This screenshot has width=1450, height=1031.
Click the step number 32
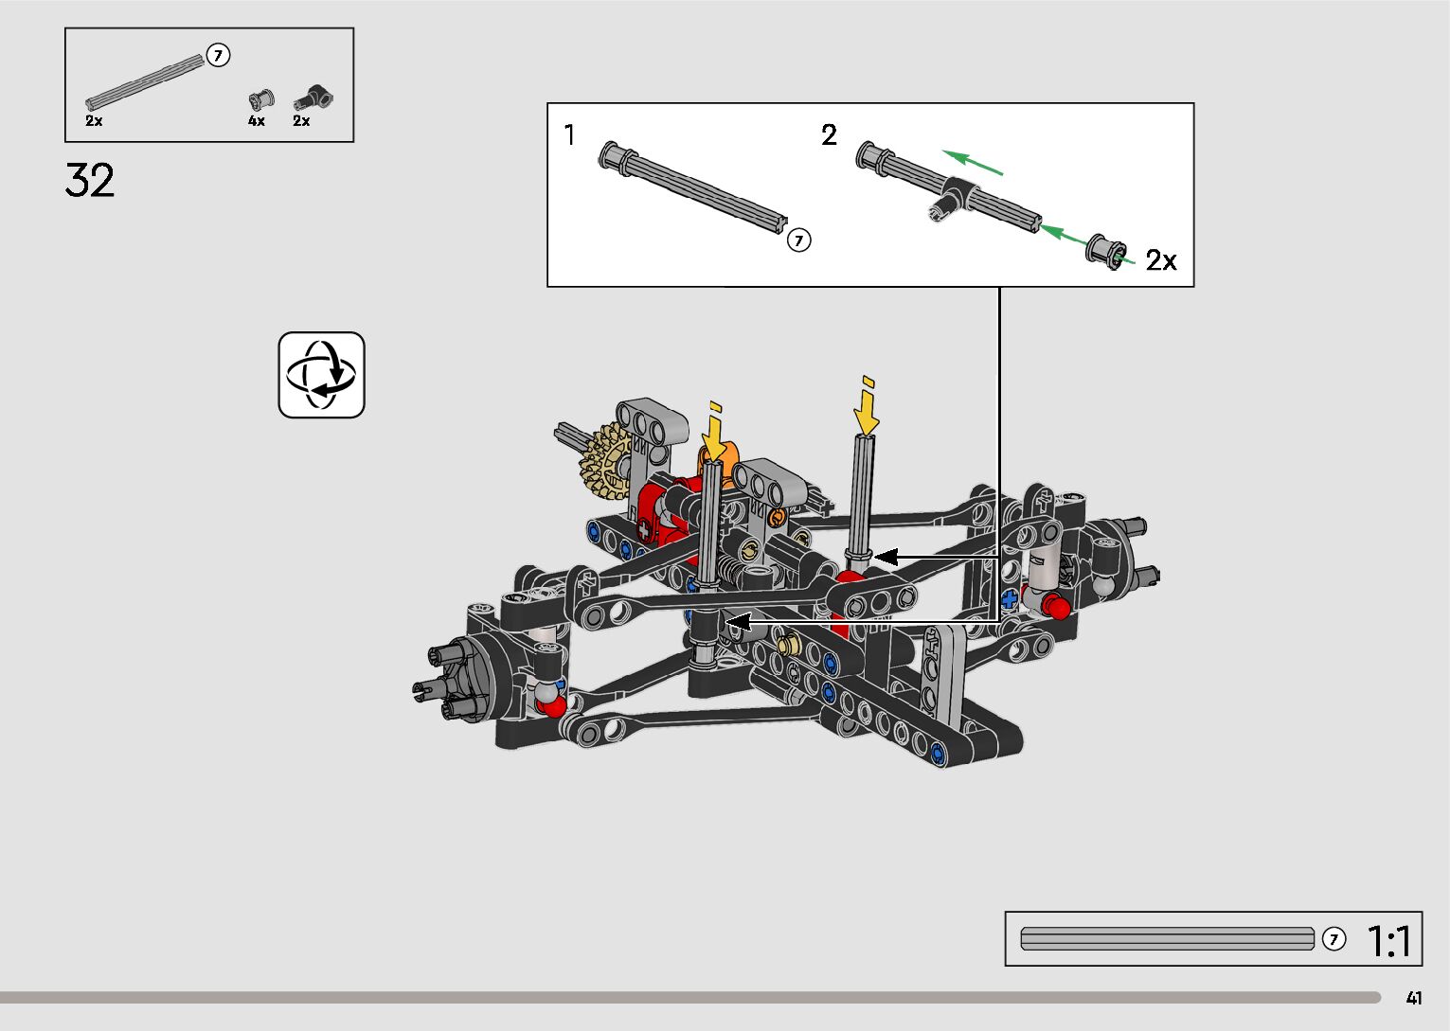pos(90,180)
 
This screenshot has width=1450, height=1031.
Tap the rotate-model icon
pos(322,375)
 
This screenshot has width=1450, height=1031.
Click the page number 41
pos(1414,998)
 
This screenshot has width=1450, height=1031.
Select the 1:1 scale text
pos(1388,940)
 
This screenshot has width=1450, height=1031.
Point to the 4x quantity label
pos(257,121)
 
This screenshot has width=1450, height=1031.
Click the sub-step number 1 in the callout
pos(569,135)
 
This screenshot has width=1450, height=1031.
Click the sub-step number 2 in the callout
pos(829,135)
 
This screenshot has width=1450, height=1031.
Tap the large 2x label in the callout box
pos(1161,260)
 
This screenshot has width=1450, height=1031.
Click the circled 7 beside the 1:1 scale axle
pos(1334,939)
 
